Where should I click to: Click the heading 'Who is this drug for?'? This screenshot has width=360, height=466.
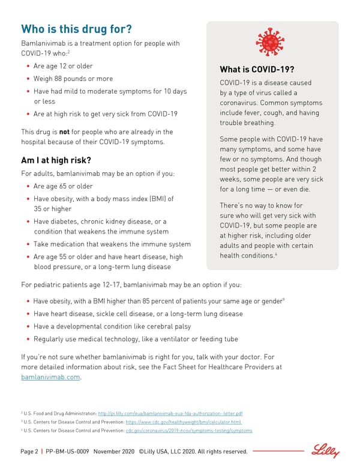tap(76, 29)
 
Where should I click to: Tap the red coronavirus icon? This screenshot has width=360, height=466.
tap(272, 42)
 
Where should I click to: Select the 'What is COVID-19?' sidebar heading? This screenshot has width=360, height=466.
tap(257, 69)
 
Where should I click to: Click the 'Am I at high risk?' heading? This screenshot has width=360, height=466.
tap(56, 160)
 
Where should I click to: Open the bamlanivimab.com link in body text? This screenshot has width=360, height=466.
tap(50, 377)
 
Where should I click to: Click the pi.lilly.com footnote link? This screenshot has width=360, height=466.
tap(170, 414)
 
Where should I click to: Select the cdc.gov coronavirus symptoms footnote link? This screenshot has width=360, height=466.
tap(188, 431)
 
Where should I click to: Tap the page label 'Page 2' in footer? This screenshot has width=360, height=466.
tap(29, 452)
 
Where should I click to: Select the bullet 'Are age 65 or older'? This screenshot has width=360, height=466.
tap(63, 186)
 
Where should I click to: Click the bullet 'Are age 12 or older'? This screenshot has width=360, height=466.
tap(63, 66)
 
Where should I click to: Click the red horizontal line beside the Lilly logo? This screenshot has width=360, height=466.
tap(280, 450)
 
